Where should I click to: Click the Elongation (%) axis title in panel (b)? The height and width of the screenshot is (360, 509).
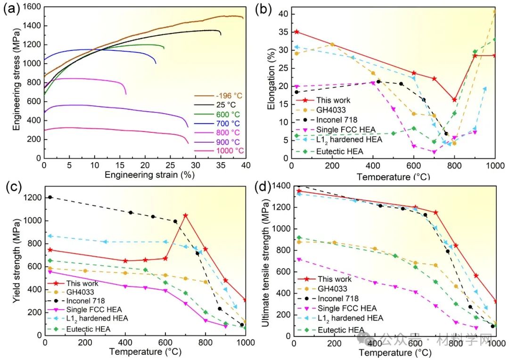pyautogui.click(x=271, y=84)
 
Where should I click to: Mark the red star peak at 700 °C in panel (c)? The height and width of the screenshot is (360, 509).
pyautogui.click(x=185, y=216)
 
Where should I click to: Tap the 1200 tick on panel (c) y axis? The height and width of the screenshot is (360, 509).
pyautogui.click(x=32, y=197)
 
